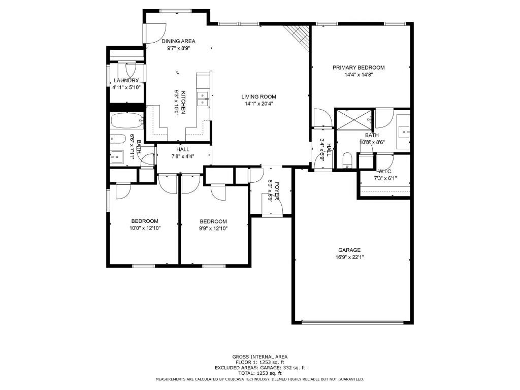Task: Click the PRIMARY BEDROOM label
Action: point(358,68)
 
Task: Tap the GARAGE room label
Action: point(349,250)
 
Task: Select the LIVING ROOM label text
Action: point(258,96)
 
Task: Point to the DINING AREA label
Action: point(178,41)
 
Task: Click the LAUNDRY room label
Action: point(126,80)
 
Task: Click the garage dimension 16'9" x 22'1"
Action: point(349,257)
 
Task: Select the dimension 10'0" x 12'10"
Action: point(145,228)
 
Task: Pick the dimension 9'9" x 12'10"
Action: point(213,228)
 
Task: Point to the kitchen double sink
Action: point(203,99)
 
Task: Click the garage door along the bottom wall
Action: point(353,321)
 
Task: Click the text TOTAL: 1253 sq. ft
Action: point(259,373)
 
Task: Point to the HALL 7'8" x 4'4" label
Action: point(183,153)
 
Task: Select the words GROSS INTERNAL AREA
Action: point(259,356)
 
